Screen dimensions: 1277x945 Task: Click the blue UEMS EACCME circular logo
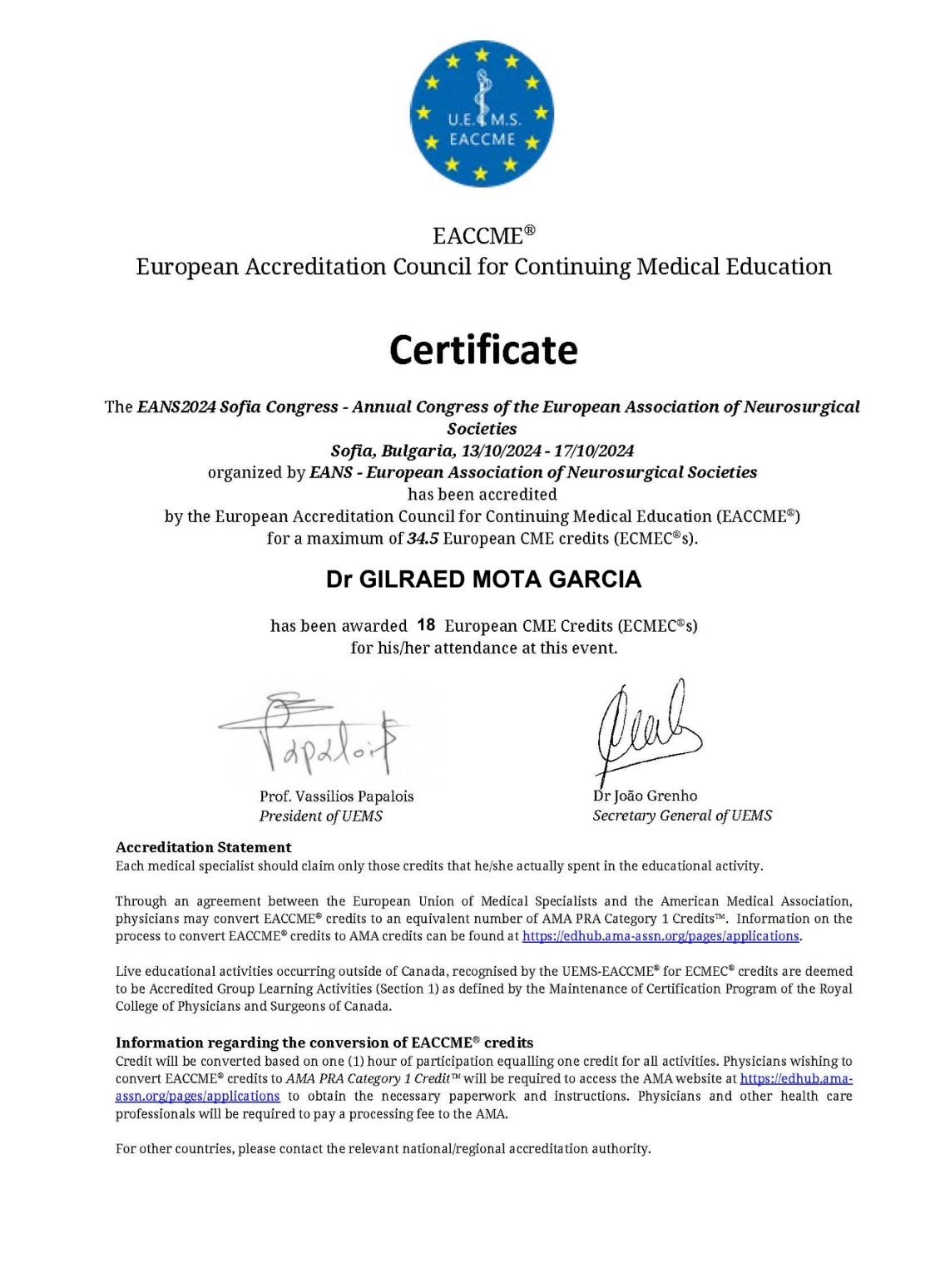[x=482, y=113]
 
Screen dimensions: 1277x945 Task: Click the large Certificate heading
[x=482, y=350]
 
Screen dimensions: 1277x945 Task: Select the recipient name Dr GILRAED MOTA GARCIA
[x=483, y=579]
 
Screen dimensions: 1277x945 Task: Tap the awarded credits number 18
[x=426, y=625]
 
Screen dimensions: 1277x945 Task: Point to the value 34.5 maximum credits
[x=423, y=538]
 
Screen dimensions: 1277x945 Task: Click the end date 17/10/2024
[x=594, y=451]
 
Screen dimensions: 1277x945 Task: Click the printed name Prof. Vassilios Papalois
[x=336, y=796]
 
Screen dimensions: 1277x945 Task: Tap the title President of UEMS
[x=320, y=816]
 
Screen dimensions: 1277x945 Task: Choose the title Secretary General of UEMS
[x=682, y=816]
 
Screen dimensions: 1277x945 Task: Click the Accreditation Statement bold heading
[x=203, y=847]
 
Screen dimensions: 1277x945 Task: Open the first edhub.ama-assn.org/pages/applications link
[x=661, y=936]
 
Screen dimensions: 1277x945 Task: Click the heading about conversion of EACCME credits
[x=324, y=1043]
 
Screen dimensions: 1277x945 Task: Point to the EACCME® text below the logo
[x=482, y=236]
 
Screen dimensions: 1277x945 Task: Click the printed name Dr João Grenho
[x=645, y=796]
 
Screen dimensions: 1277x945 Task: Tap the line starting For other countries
[x=383, y=1149]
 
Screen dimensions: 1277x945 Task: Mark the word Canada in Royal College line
[x=368, y=1006]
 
